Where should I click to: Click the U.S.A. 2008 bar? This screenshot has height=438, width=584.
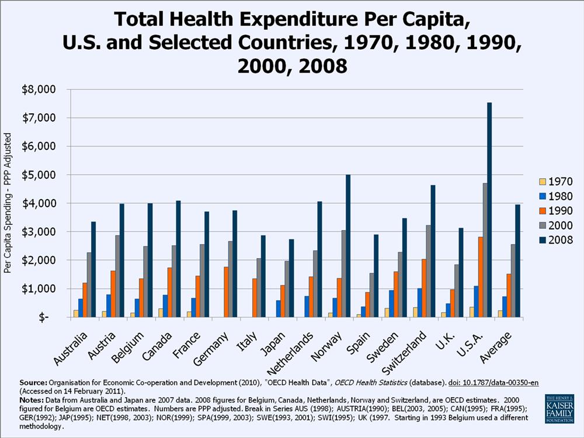(489, 210)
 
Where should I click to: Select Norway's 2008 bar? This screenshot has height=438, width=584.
(348, 246)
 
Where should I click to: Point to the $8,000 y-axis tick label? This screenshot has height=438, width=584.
(44, 89)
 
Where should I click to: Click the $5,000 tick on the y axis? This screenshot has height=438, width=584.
(44, 175)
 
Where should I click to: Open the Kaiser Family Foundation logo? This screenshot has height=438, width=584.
(559, 408)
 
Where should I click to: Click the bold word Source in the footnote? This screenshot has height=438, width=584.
(33, 382)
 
